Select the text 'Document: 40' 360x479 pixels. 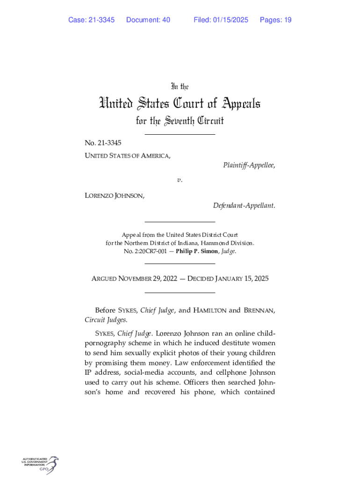[x=148, y=20]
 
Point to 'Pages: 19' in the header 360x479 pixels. [x=275, y=20]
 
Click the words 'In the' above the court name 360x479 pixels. [x=180, y=87]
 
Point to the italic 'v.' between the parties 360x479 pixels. [x=180, y=180]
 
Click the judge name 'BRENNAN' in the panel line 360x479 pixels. [x=259, y=310]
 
